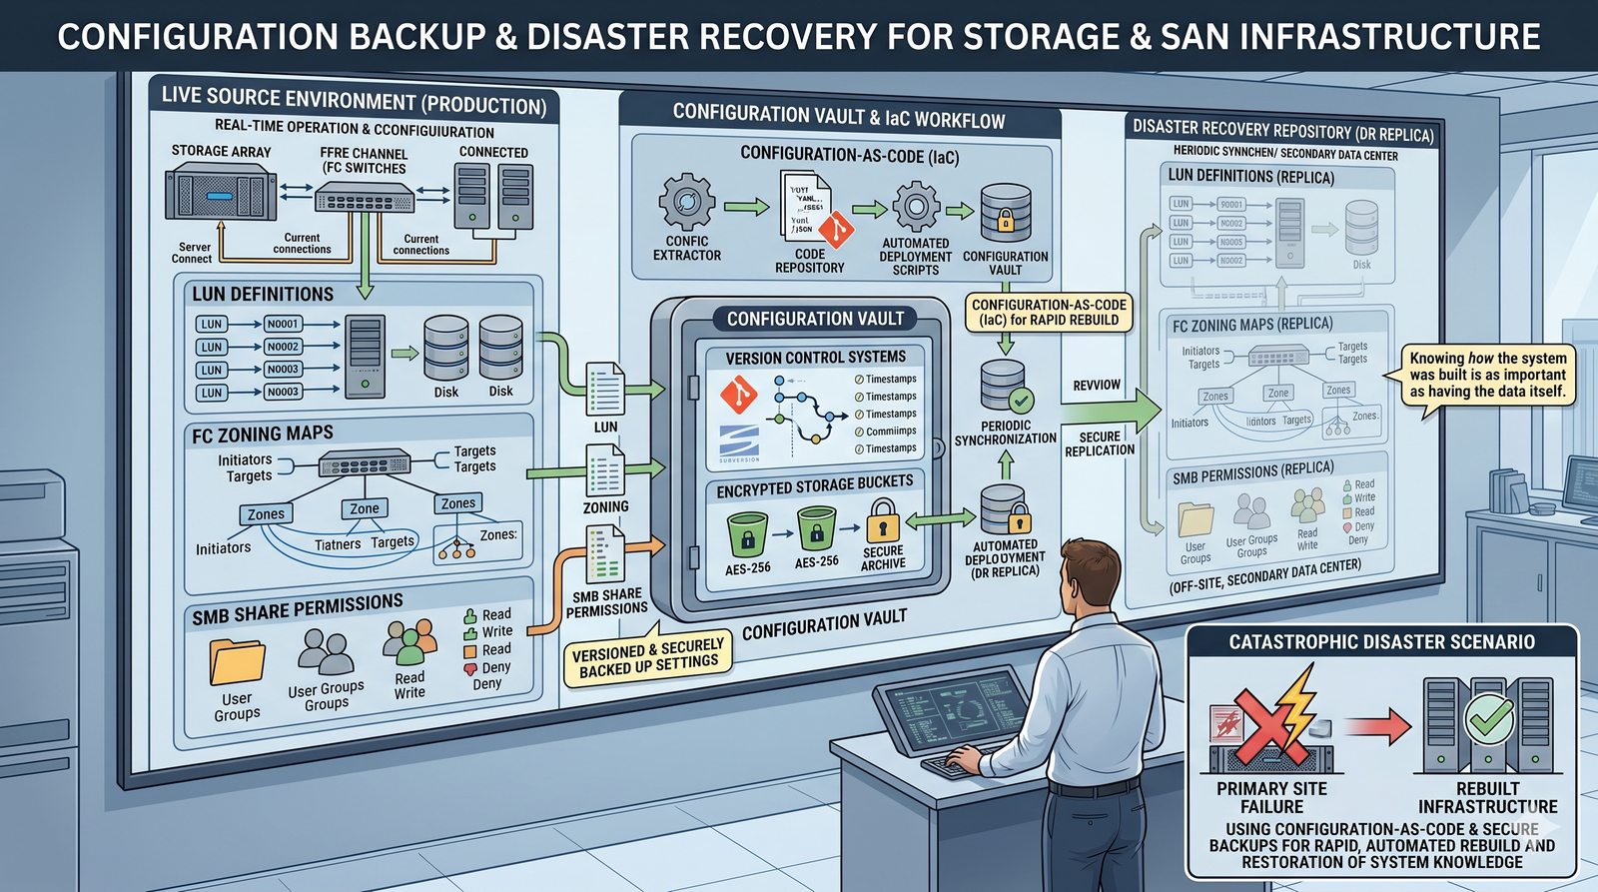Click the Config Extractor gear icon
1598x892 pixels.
pyautogui.click(x=686, y=202)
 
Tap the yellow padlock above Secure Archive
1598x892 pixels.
pyautogui.click(x=882, y=521)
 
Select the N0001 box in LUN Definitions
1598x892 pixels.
pyautogui.click(x=283, y=324)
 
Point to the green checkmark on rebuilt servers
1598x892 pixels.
pyautogui.click(x=1489, y=717)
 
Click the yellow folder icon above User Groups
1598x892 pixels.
pyautogui.click(x=237, y=661)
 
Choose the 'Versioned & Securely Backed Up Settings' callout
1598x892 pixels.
pyautogui.click(x=647, y=656)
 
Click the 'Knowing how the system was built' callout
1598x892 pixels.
pyautogui.click(x=1487, y=375)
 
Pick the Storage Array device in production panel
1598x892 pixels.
pyautogui.click(x=220, y=195)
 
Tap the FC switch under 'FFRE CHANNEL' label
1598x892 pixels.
pyautogui.click(x=365, y=199)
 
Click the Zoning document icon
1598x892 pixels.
pyautogui.click(x=605, y=470)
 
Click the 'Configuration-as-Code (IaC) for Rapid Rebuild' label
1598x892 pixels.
pyautogui.click(x=1049, y=313)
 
